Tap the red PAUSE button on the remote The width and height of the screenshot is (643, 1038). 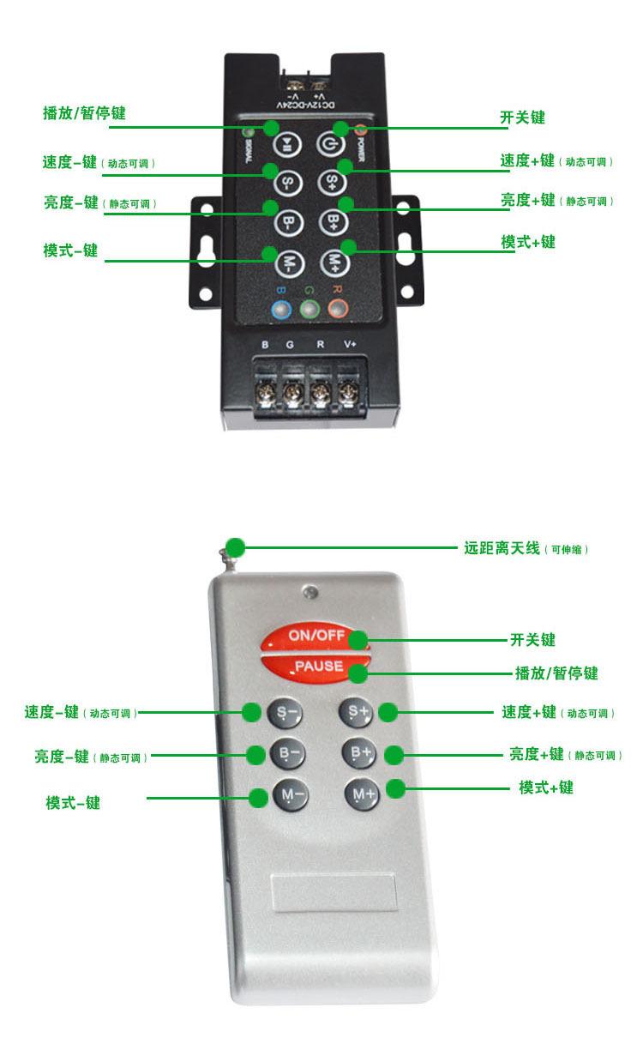316,667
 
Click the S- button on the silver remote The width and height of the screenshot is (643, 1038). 286,712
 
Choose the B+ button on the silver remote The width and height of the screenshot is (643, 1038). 359,753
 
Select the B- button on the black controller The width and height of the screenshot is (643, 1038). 288,220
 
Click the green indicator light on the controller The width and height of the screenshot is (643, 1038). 310,309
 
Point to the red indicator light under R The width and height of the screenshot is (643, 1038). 338,309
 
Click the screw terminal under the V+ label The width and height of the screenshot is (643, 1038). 348,394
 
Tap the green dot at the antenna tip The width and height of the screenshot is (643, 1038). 234,546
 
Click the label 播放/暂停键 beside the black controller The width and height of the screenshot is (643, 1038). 84,113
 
